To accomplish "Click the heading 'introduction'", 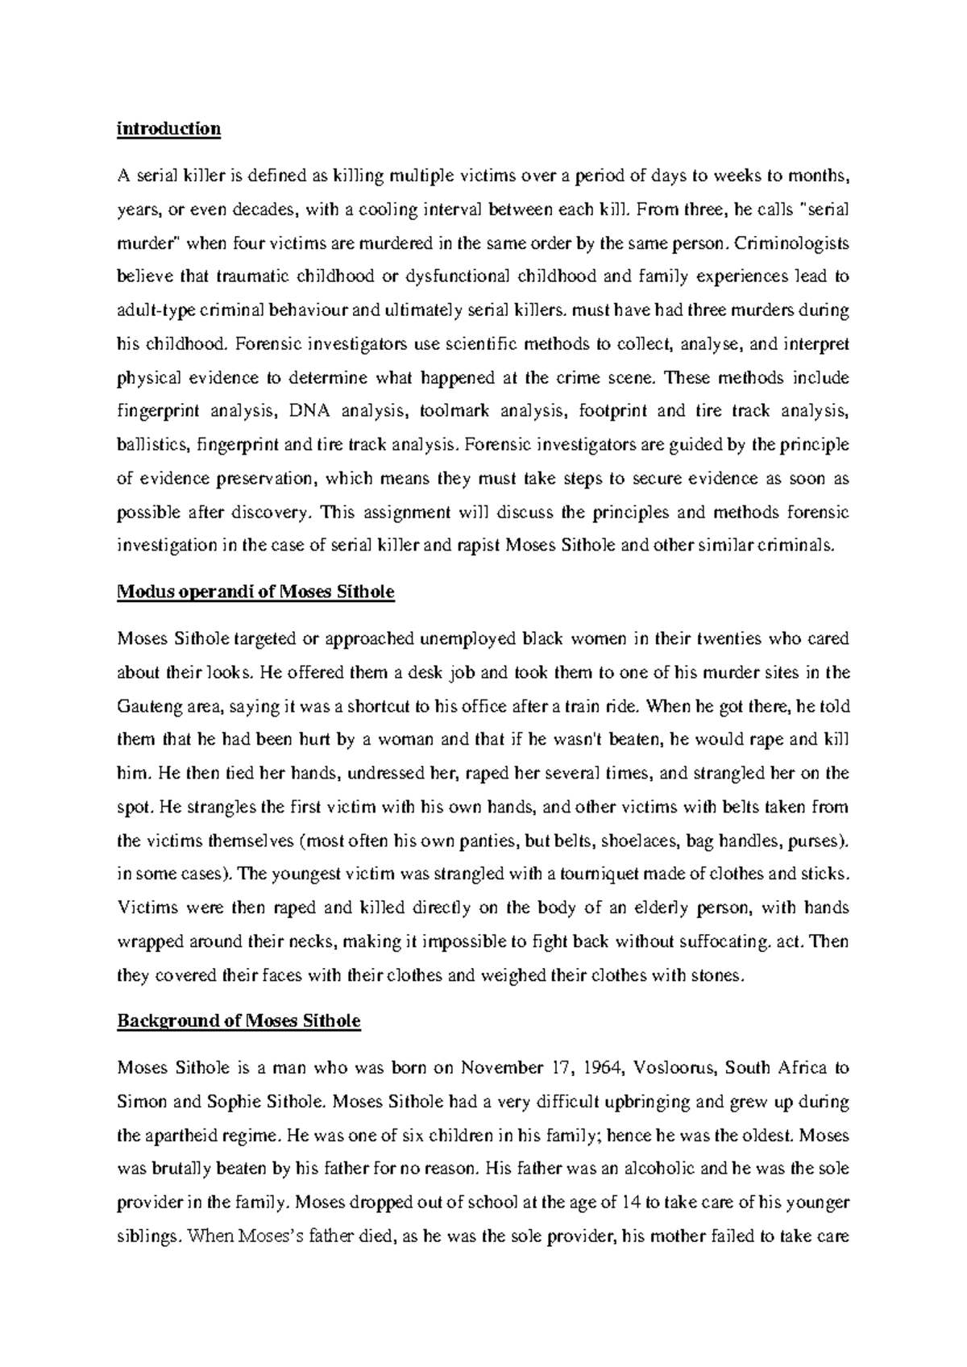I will [168, 129].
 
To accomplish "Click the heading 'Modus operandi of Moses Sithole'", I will [255, 592].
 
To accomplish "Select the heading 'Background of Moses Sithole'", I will [239, 1021].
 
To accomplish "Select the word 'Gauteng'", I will [149, 707].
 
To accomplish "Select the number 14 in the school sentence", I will [633, 1203].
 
